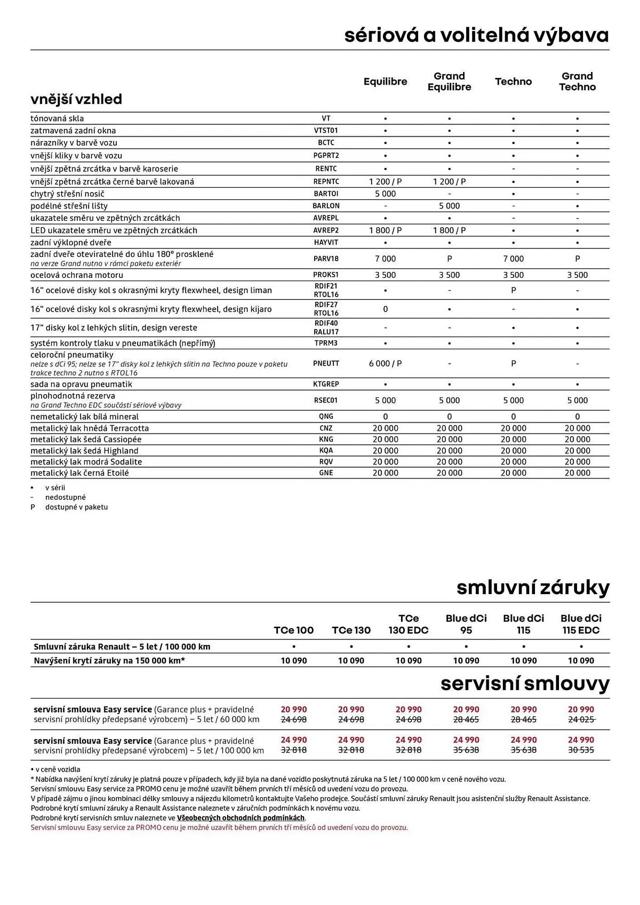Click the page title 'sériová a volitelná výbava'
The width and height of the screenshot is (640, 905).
476,35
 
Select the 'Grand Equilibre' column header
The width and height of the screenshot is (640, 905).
449,81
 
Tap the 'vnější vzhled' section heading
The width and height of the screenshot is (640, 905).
76,99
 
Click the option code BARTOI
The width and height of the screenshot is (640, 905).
326,194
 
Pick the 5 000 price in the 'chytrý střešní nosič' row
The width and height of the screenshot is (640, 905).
385,194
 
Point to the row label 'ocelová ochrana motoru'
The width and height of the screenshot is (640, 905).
76,275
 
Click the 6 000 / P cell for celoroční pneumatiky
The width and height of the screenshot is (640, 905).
385,363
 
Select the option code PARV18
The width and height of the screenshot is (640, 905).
326,259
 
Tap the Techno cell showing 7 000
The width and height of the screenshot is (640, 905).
513,259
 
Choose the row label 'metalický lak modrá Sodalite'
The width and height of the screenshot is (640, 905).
86,462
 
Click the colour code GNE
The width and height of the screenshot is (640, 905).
326,473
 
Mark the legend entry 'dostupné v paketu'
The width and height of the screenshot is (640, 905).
76,507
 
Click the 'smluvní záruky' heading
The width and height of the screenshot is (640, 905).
533,588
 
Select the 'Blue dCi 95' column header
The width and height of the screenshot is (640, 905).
466,624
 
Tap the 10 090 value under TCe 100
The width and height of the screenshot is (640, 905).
294,661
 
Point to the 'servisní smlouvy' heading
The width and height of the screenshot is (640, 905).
525,684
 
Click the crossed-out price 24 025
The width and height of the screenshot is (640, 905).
581,719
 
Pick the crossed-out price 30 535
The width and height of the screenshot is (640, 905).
581,750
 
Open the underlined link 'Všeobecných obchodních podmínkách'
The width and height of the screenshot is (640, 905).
240,818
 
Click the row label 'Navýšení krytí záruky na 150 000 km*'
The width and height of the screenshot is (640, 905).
109,661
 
